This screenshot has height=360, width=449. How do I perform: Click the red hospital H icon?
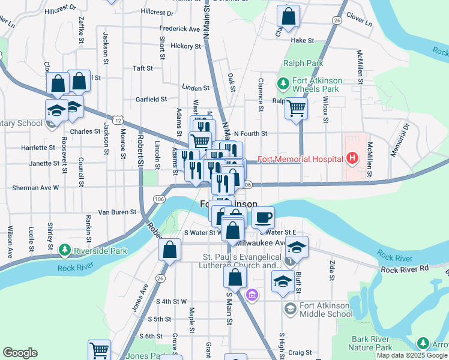tap(352, 159)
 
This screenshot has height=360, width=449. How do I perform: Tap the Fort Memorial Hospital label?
tap(301, 159)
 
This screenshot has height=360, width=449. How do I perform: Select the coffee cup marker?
tap(262, 218)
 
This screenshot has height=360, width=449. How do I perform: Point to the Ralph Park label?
tap(303, 63)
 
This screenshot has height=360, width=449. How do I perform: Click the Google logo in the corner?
tap(20, 352)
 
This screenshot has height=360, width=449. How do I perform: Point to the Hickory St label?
tap(185, 46)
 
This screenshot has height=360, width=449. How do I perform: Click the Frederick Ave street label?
tap(179, 28)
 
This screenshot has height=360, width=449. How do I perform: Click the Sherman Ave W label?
tap(35, 187)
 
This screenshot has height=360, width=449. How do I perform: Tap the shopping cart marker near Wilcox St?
tap(296, 109)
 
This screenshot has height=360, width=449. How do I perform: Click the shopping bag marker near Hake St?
tap(289, 17)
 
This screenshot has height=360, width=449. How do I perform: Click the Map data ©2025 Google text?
tap(412, 355)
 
